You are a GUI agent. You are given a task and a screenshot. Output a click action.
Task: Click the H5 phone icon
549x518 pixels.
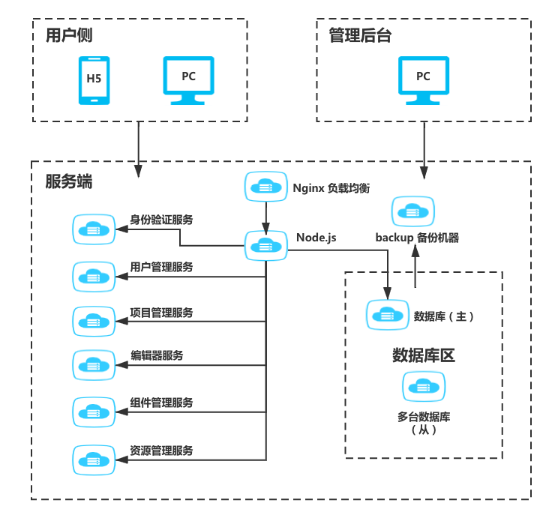[94, 79]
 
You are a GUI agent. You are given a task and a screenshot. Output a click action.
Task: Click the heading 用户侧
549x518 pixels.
[69, 35]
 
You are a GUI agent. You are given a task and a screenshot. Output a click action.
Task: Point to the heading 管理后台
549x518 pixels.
[360, 35]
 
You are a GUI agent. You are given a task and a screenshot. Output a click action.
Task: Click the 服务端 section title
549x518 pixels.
[69, 181]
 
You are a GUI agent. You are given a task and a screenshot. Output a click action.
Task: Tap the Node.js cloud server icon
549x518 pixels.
[265, 246]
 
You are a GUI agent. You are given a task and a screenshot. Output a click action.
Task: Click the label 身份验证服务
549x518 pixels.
[161, 220]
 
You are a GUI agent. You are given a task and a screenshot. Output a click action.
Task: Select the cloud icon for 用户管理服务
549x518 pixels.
[94, 276]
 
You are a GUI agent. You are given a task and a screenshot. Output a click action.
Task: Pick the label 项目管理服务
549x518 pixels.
[161, 313]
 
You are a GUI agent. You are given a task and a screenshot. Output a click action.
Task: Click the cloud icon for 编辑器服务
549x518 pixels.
[94, 365]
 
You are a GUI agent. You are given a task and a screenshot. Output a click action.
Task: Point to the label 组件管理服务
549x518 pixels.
[161, 403]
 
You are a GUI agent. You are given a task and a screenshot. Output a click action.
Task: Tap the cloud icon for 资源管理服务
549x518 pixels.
[94, 457]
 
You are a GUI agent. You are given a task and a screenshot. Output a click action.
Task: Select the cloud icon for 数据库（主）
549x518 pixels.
[387, 315]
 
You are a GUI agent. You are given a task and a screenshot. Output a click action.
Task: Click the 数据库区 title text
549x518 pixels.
[424, 355]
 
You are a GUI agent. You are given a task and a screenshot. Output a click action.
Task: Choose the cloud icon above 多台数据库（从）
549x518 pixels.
[423, 388]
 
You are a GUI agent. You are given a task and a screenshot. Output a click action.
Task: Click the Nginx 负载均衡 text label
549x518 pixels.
[331, 188]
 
